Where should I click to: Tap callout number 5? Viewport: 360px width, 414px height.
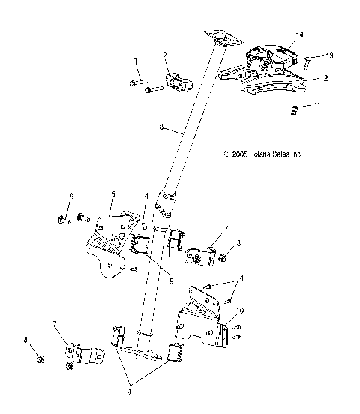coord(111,193)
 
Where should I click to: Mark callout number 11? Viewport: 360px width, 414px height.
coord(318,106)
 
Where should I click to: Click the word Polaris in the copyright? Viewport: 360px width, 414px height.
coord(259,154)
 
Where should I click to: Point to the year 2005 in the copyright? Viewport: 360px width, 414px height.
coord(240,154)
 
